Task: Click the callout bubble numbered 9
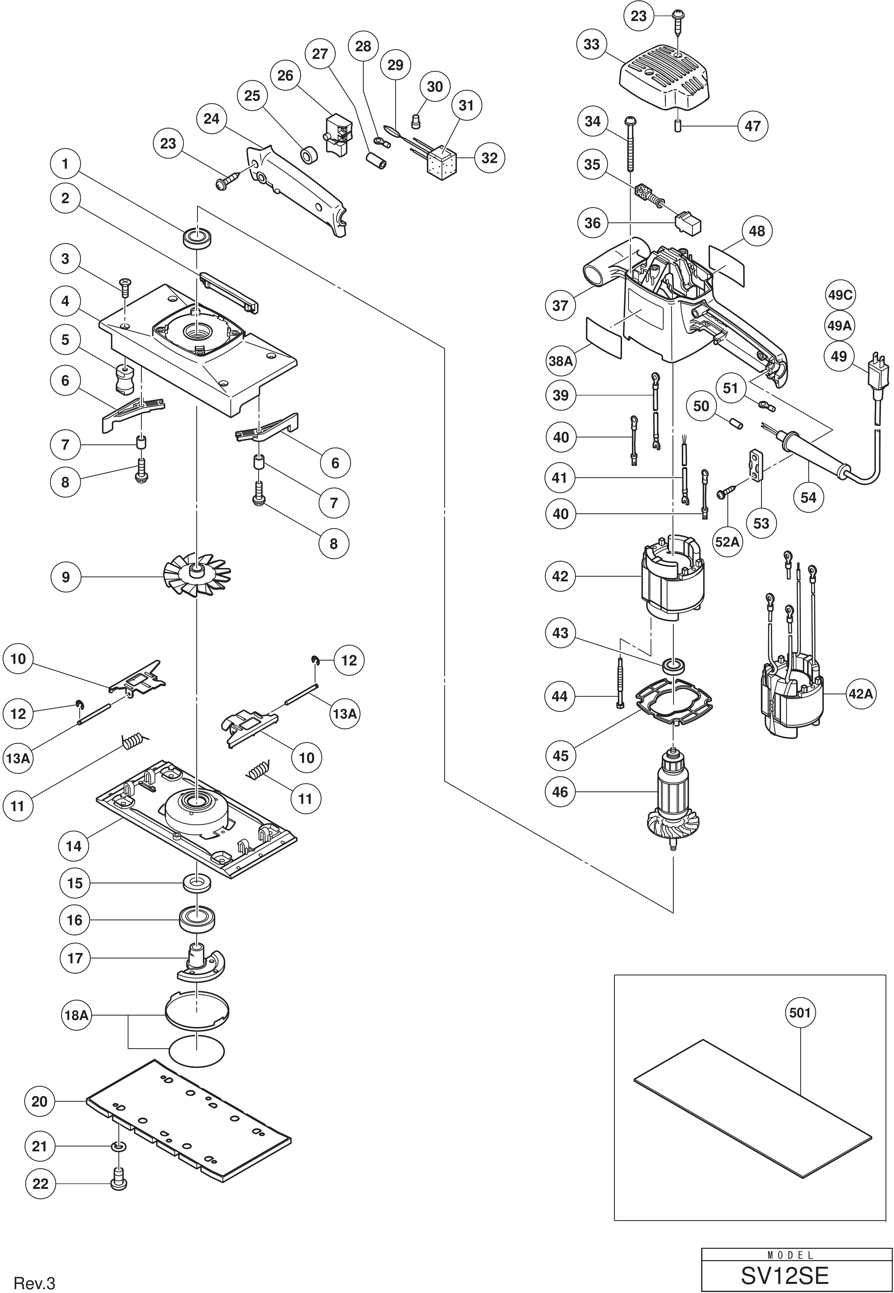[x=66, y=577]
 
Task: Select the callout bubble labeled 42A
[x=860, y=694]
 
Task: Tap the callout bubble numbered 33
[x=591, y=45]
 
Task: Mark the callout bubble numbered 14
[x=74, y=846]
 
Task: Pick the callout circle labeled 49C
[x=840, y=295]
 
